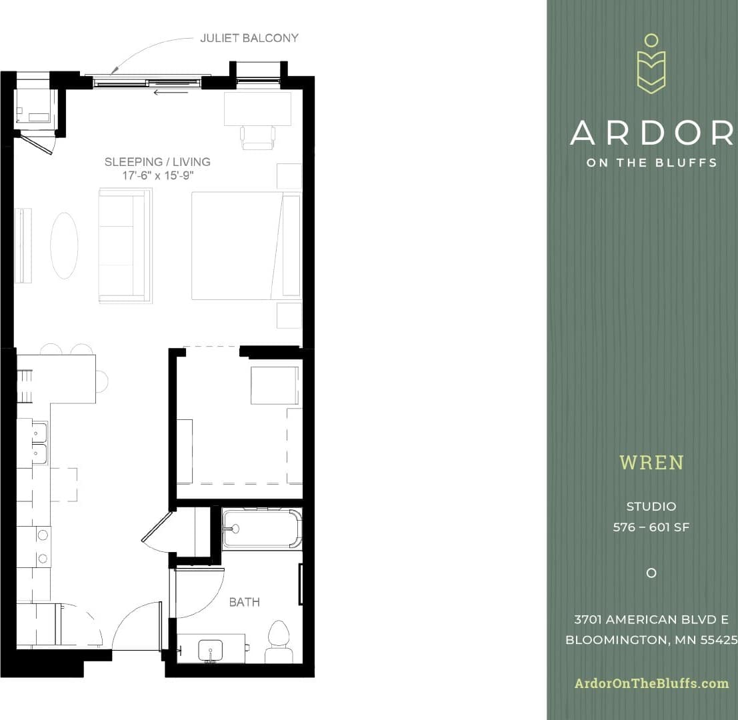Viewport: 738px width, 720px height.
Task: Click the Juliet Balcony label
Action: (249, 38)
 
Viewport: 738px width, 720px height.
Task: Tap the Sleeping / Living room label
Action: (157, 162)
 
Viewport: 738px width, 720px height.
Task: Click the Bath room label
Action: (244, 602)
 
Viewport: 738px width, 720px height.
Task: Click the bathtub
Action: (261, 528)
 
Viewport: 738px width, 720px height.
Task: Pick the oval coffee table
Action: (64, 245)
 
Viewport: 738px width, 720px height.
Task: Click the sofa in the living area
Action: (125, 245)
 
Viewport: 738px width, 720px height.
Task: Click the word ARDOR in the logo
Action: (651, 133)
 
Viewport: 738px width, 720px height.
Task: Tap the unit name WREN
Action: (651, 462)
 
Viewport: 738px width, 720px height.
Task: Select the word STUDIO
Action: (651, 507)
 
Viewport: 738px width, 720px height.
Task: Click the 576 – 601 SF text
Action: (651, 527)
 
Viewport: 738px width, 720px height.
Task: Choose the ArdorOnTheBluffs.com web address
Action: (651, 683)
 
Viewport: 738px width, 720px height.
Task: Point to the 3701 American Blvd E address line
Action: (651, 619)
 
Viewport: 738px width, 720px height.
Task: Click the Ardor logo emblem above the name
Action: (651, 65)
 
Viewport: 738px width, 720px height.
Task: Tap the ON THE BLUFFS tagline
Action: (651, 163)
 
